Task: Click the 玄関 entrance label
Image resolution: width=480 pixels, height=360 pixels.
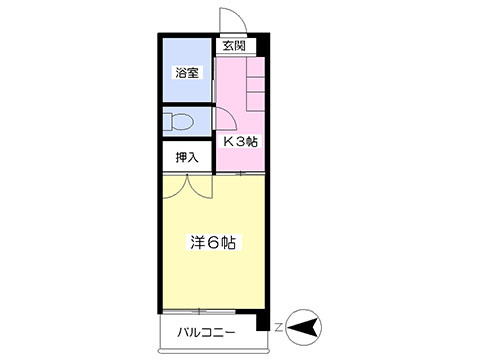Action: [x=234, y=46]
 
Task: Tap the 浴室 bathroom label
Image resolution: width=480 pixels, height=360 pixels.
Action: [x=187, y=73]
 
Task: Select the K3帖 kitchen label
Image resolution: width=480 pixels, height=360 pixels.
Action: [x=240, y=142]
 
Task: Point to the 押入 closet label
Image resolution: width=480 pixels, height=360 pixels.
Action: [x=187, y=157]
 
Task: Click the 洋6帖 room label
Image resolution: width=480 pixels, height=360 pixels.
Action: [x=213, y=243]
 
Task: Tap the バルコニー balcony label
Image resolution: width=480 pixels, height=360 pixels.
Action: [x=206, y=332]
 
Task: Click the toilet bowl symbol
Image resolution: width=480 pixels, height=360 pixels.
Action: [x=179, y=122]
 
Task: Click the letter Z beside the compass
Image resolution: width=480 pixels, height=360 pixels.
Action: [x=279, y=328]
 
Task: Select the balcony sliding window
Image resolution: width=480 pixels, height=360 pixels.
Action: [x=199, y=312]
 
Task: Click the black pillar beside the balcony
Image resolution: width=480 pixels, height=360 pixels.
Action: [x=263, y=322]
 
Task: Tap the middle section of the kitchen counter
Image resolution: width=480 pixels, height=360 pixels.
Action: [x=255, y=84]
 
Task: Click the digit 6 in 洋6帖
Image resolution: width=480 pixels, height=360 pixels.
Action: [x=213, y=243]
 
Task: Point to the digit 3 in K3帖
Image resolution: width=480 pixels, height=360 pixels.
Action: [x=241, y=142]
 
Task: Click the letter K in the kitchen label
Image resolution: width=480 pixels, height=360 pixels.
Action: [x=228, y=142]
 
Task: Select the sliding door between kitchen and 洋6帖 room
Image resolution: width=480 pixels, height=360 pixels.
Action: [x=240, y=173]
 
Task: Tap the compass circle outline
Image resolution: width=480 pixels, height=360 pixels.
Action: [x=304, y=311]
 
